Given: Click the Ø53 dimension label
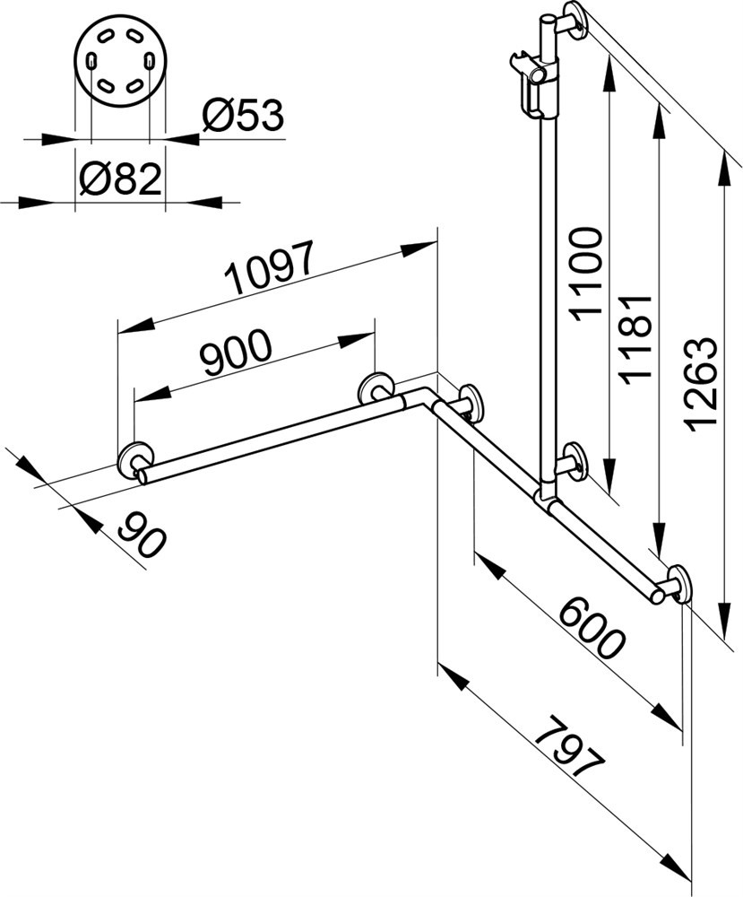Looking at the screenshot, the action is point(243,115).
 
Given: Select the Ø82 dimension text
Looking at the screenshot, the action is point(120,179).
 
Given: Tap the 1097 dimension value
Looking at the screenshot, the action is point(269,266).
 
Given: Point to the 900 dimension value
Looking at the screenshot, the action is point(236,352).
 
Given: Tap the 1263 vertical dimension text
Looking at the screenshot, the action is point(700,384).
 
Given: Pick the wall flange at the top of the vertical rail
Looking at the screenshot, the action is point(575,21).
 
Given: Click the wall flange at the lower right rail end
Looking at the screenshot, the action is point(679,584).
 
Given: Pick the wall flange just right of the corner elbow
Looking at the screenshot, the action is point(470,404).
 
